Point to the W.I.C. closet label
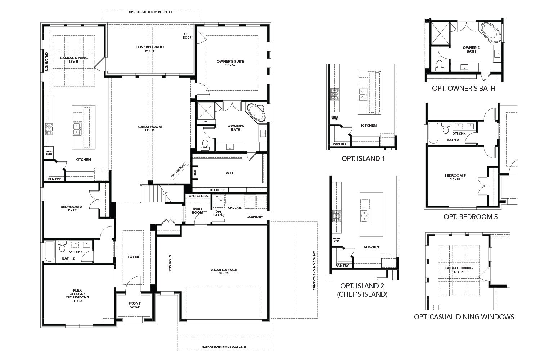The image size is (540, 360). (230, 173)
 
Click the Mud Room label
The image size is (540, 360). (198, 211)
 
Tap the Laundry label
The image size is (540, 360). (255, 217)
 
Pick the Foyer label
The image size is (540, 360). (133, 257)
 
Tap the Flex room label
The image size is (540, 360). (77, 290)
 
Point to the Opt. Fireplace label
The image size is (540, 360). (178, 170)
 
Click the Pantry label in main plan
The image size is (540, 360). (54, 179)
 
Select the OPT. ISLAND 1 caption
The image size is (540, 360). (363, 158)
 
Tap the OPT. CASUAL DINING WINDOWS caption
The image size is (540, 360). (464, 317)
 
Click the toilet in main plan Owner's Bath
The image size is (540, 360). (206, 144)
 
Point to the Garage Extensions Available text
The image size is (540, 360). (224, 347)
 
